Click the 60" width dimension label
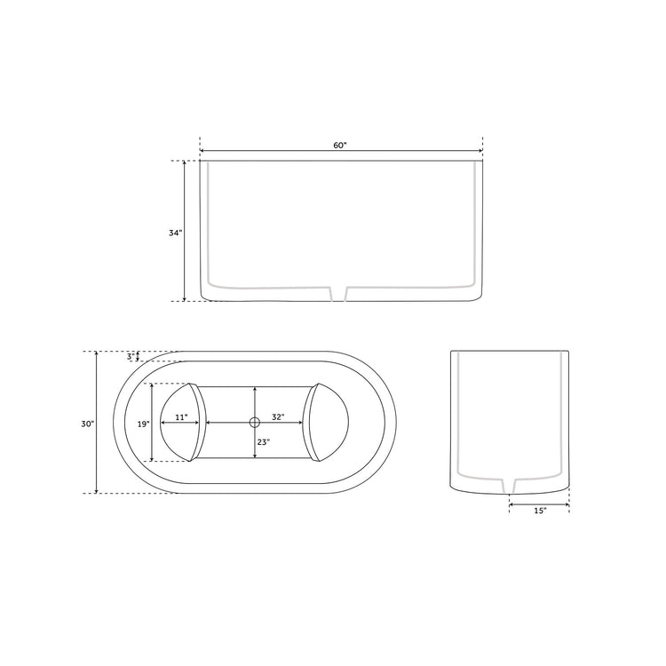click(340, 145)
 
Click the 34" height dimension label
click(175, 233)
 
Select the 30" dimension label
click(87, 424)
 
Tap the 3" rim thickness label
click(130, 357)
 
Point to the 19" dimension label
click(143, 424)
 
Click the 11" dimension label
click(181, 416)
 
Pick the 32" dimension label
click(278, 416)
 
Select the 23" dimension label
click(265, 441)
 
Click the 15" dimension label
click(540, 511)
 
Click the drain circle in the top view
click(255, 423)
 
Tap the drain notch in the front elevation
click(338, 293)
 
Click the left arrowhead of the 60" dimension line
click(202, 151)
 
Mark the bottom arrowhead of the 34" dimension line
click(185, 298)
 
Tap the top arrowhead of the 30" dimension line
click(96, 354)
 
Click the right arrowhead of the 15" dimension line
click(567, 503)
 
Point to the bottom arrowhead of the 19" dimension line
click(153, 459)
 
